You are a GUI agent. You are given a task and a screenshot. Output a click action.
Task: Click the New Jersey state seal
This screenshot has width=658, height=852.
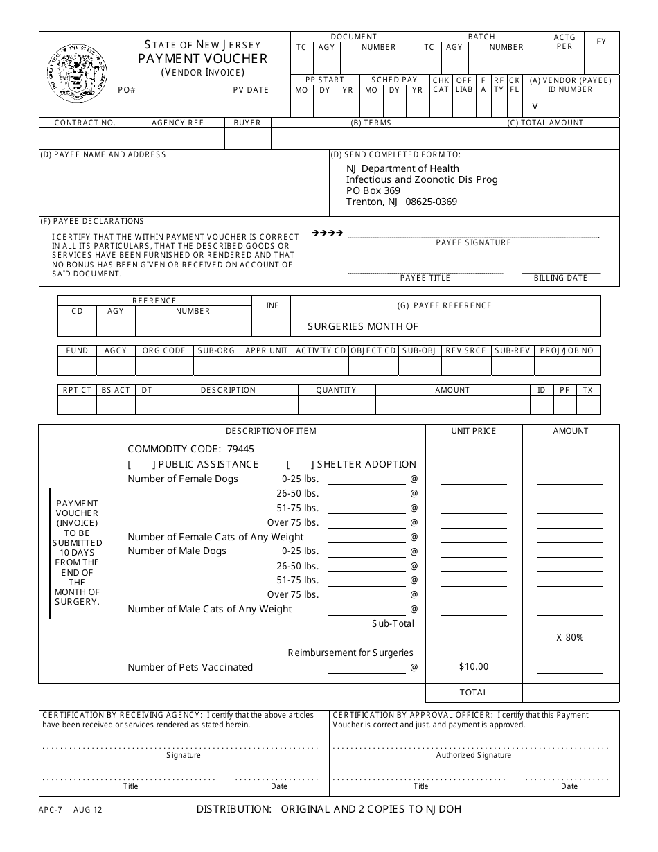[x=77, y=73]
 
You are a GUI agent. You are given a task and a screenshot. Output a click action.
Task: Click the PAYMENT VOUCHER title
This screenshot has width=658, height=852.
[x=202, y=59]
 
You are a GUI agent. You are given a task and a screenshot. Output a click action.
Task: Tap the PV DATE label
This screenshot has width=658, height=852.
[x=250, y=90]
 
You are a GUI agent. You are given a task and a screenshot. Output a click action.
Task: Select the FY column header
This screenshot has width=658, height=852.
[x=601, y=42]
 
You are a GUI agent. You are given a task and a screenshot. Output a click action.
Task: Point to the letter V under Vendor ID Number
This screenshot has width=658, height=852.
[x=534, y=106]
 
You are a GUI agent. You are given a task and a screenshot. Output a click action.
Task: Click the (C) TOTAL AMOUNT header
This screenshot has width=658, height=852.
[x=545, y=123]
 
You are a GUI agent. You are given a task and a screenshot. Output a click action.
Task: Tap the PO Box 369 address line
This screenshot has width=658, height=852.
[x=373, y=190]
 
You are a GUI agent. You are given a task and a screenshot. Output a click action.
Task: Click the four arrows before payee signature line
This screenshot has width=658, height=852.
[x=328, y=233]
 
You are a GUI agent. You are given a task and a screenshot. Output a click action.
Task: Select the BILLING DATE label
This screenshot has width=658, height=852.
[x=560, y=278]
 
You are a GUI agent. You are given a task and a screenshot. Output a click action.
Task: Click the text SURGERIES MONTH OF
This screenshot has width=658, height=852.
[x=363, y=326]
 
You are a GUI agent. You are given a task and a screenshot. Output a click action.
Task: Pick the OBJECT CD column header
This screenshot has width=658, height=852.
[x=373, y=350]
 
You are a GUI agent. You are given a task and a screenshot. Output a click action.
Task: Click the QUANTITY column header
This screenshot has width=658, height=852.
[x=336, y=390]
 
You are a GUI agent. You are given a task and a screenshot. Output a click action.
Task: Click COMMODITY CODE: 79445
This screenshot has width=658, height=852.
[x=190, y=449]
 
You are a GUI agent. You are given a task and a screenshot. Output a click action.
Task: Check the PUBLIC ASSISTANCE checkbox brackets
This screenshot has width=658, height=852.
[x=140, y=464]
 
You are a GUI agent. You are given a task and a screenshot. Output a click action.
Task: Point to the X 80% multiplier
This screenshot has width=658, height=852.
[x=569, y=637]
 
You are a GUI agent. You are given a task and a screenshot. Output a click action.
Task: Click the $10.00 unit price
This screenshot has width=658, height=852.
[x=473, y=666]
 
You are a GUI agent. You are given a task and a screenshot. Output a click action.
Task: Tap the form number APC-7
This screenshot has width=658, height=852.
[x=50, y=809]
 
